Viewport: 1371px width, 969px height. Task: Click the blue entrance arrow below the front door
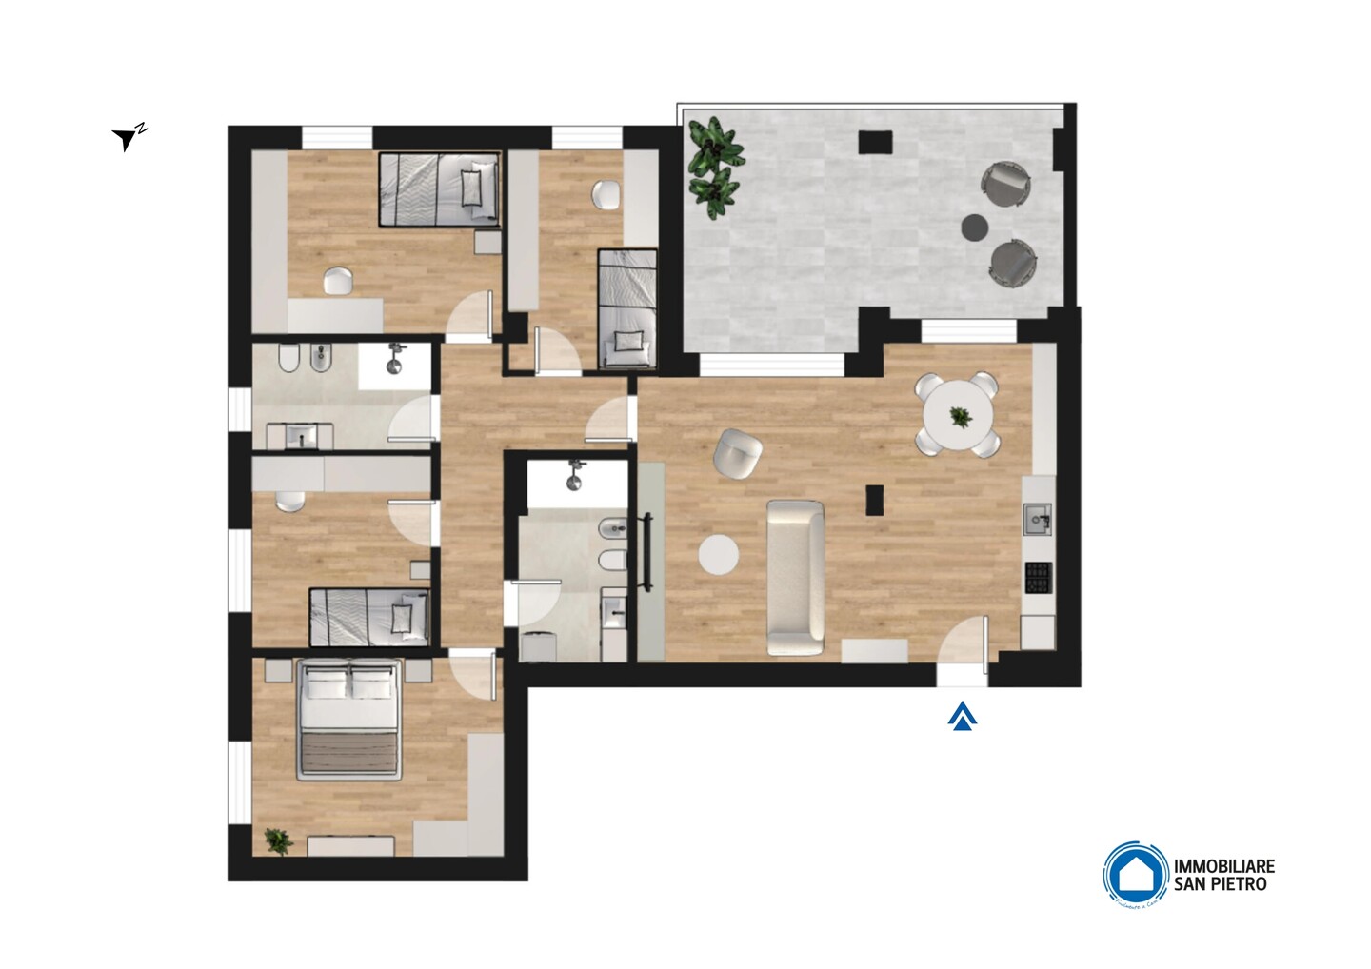pos(964,716)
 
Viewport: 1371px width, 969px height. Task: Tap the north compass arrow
pos(126,139)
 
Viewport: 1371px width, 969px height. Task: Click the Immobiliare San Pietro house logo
pos(1136,873)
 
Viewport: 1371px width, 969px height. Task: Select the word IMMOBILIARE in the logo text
pos(1223,866)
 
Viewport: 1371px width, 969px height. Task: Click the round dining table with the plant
pos(958,415)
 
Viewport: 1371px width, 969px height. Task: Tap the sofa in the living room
pos(796,578)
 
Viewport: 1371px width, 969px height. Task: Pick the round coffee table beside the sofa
pos(719,555)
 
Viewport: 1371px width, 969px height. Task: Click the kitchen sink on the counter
pos(1037,520)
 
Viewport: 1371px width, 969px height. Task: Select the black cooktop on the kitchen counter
pos(1038,578)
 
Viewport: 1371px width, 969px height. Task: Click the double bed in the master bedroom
pos(348,719)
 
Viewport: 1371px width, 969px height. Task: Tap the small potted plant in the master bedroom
pos(277,840)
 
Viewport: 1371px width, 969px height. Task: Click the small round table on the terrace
pos(975,227)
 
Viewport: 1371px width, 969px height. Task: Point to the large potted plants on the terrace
pos(712,161)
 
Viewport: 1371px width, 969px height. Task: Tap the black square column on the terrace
pos(875,143)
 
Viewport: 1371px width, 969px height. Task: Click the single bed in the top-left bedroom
pos(439,188)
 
